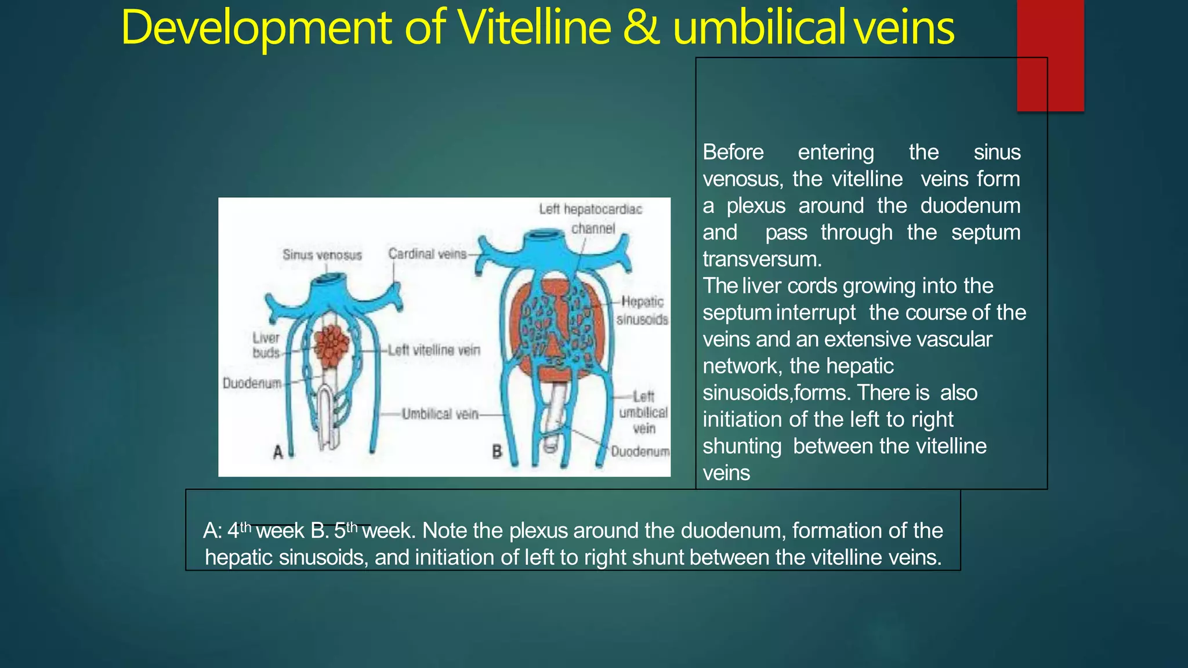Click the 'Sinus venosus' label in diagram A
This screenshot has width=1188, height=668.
pyautogui.click(x=322, y=255)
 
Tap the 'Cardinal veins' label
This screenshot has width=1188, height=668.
pyautogui.click(x=427, y=254)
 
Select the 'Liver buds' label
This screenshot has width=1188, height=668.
pyautogui.click(x=266, y=345)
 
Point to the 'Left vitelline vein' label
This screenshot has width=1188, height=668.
pyautogui.click(x=434, y=350)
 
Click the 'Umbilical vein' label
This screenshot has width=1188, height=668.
pyautogui.click(x=440, y=414)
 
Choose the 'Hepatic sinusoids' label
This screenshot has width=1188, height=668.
pyautogui.click(x=642, y=310)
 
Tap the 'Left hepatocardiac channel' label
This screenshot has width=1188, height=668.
pyautogui.click(x=591, y=218)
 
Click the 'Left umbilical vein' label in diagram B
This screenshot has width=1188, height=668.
pyautogui.click(x=643, y=412)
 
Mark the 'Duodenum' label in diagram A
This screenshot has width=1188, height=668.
pyautogui.click(x=252, y=383)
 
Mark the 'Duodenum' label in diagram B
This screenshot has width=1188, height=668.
pyautogui.click(x=640, y=451)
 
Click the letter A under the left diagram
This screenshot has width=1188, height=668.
pyautogui.click(x=278, y=452)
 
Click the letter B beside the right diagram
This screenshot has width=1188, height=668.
pyautogui.click(x=497, y=451)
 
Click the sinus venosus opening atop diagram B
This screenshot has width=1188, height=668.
pyautogui.click(x=544, y=234)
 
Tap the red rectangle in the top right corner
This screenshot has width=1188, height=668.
pyautogui.click(x=1050, y=55)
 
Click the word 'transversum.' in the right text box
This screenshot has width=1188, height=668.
pyautogui.click(x=762, y=259)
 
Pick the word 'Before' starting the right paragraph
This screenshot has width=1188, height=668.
pyautogui.click(x=733, y=152)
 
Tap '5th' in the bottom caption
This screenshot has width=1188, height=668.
pyautogui.click(x=346, y=529)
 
